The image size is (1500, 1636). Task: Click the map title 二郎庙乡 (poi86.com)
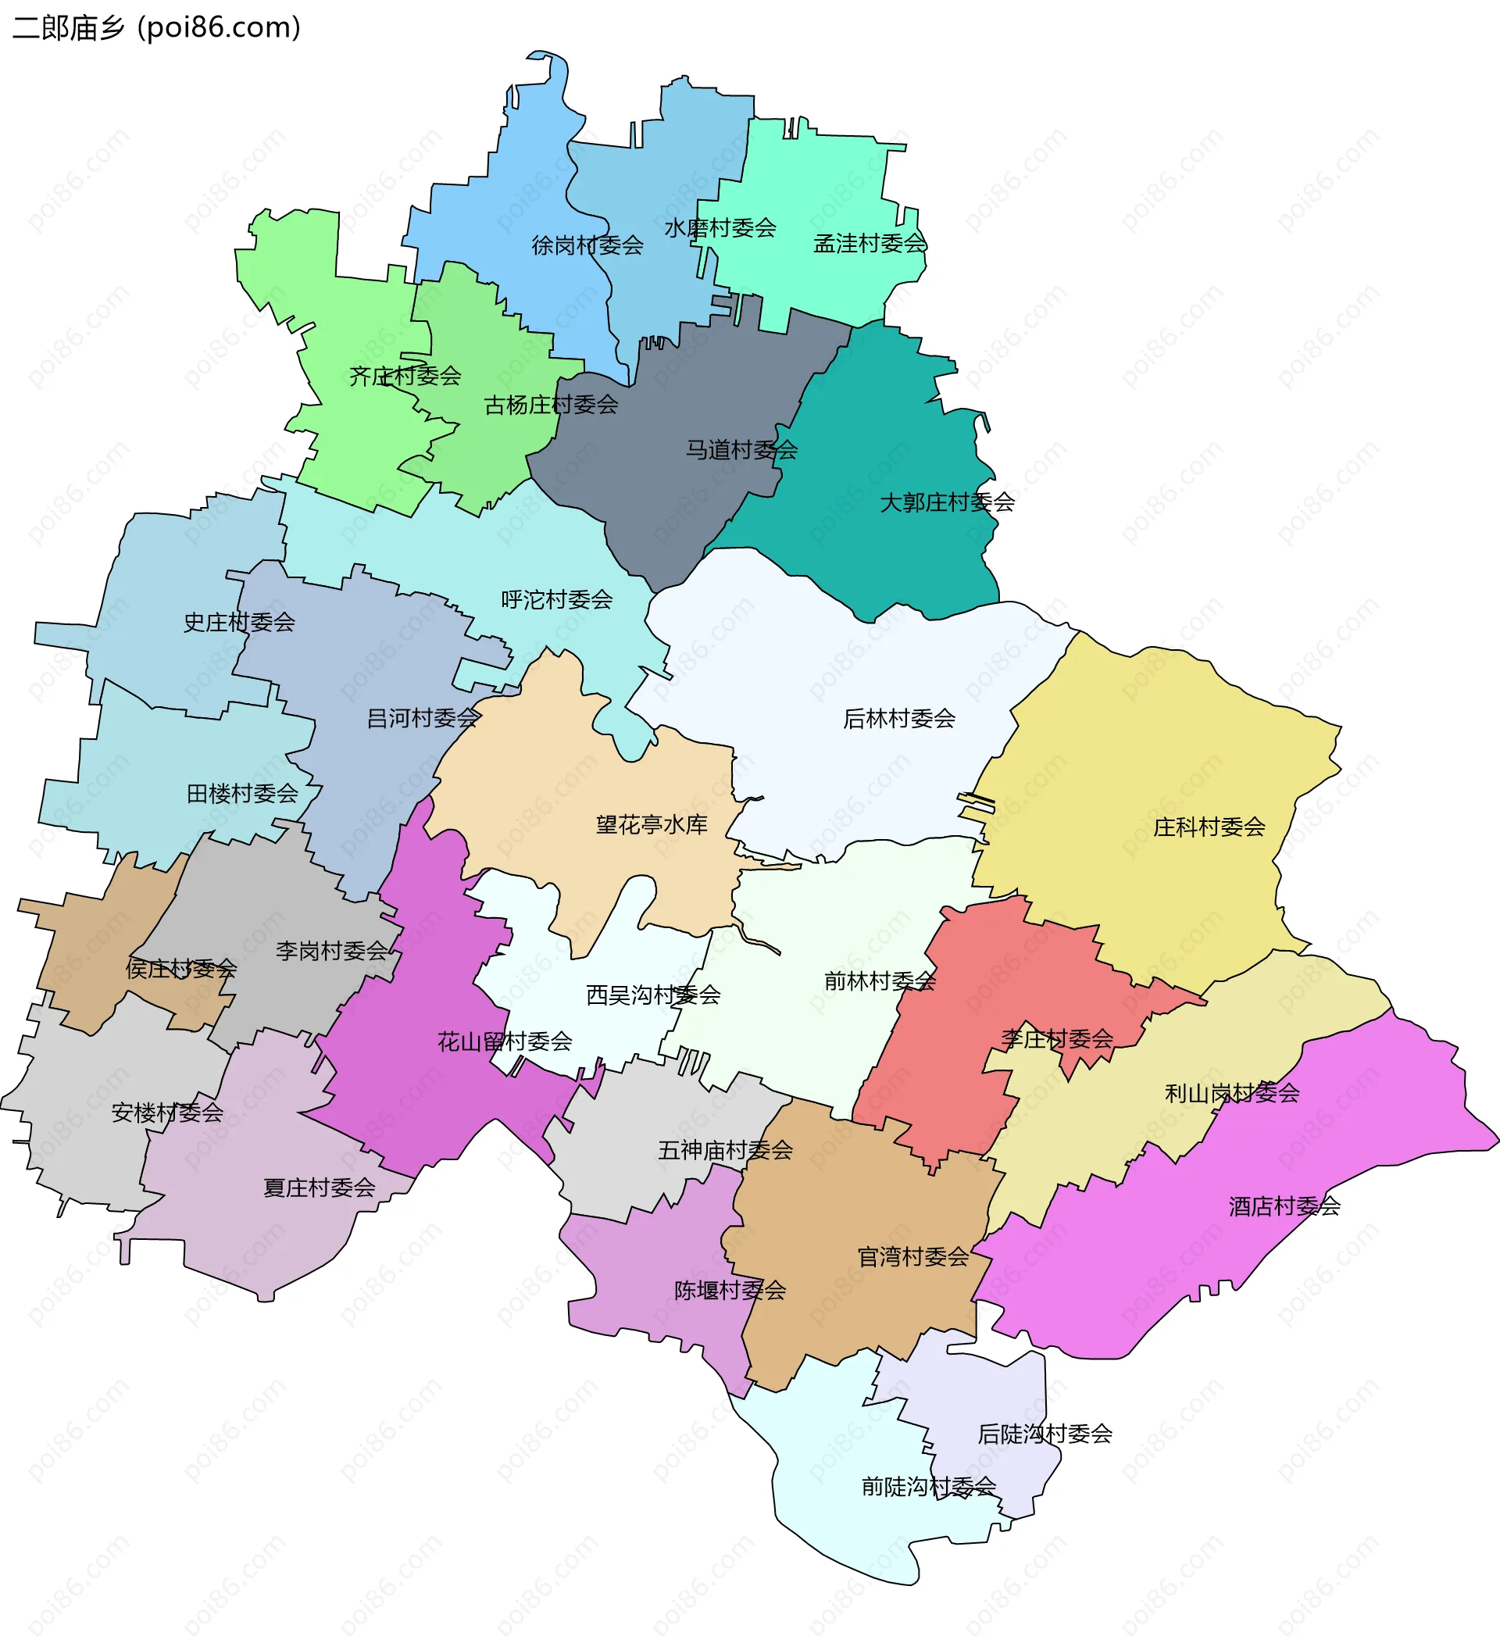click(x=157, y=27)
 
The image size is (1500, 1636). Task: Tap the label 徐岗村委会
click(x=587, y=245)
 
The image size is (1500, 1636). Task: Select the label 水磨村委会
click(x=720, y=228)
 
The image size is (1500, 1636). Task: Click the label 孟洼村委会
click(x=870, y=244)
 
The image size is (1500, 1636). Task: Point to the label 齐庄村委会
click(x=405, y=376)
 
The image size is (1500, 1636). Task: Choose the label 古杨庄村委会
click(x=551, y=405)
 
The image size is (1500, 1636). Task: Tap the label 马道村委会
click(x=741, y=449)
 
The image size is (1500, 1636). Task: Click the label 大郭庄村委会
click(x=947, y=502)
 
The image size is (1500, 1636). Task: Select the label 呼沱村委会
click(x=557, y=600)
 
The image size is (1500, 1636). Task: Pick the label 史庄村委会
click(x=238, y=623)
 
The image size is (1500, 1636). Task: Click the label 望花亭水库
click(x=652, y=825)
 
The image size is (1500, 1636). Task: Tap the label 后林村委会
click(x=898, y=718)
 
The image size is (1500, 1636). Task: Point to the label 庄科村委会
click(x=1209, y=827)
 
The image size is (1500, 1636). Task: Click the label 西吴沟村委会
click(x=653, y=995)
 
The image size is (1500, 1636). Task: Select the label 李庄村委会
click(x=1057, y=1039)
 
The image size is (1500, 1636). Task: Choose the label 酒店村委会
click(x=1284, y=1207)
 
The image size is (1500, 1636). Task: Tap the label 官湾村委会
click(x=913, y=1257)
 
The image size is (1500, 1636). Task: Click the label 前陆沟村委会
click(x=929, y=1487)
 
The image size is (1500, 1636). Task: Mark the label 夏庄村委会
click(x=319, y=1188)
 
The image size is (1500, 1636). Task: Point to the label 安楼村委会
click(x=167, y=1113)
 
